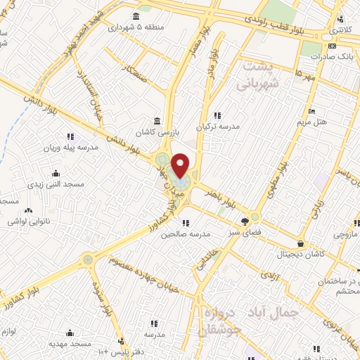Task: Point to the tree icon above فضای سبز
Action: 234,220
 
